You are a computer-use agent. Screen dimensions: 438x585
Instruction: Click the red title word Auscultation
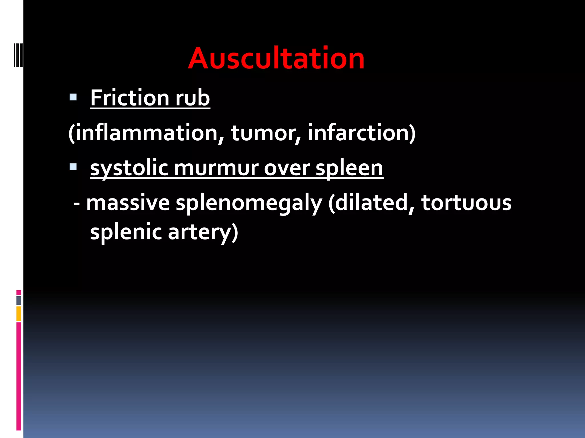point(276,58)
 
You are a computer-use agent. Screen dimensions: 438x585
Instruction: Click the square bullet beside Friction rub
point(73,98)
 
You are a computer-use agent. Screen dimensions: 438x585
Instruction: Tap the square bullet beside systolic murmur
point(73,167)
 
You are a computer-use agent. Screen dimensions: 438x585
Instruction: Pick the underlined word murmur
point(216,168)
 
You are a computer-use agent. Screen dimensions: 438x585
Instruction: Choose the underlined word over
point(287,168)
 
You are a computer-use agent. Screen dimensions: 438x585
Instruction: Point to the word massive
point(128,203)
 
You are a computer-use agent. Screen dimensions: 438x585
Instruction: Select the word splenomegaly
point(249,204)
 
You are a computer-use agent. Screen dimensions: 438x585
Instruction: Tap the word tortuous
point(466,203)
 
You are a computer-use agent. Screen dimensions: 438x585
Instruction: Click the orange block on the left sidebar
point(19,314)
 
